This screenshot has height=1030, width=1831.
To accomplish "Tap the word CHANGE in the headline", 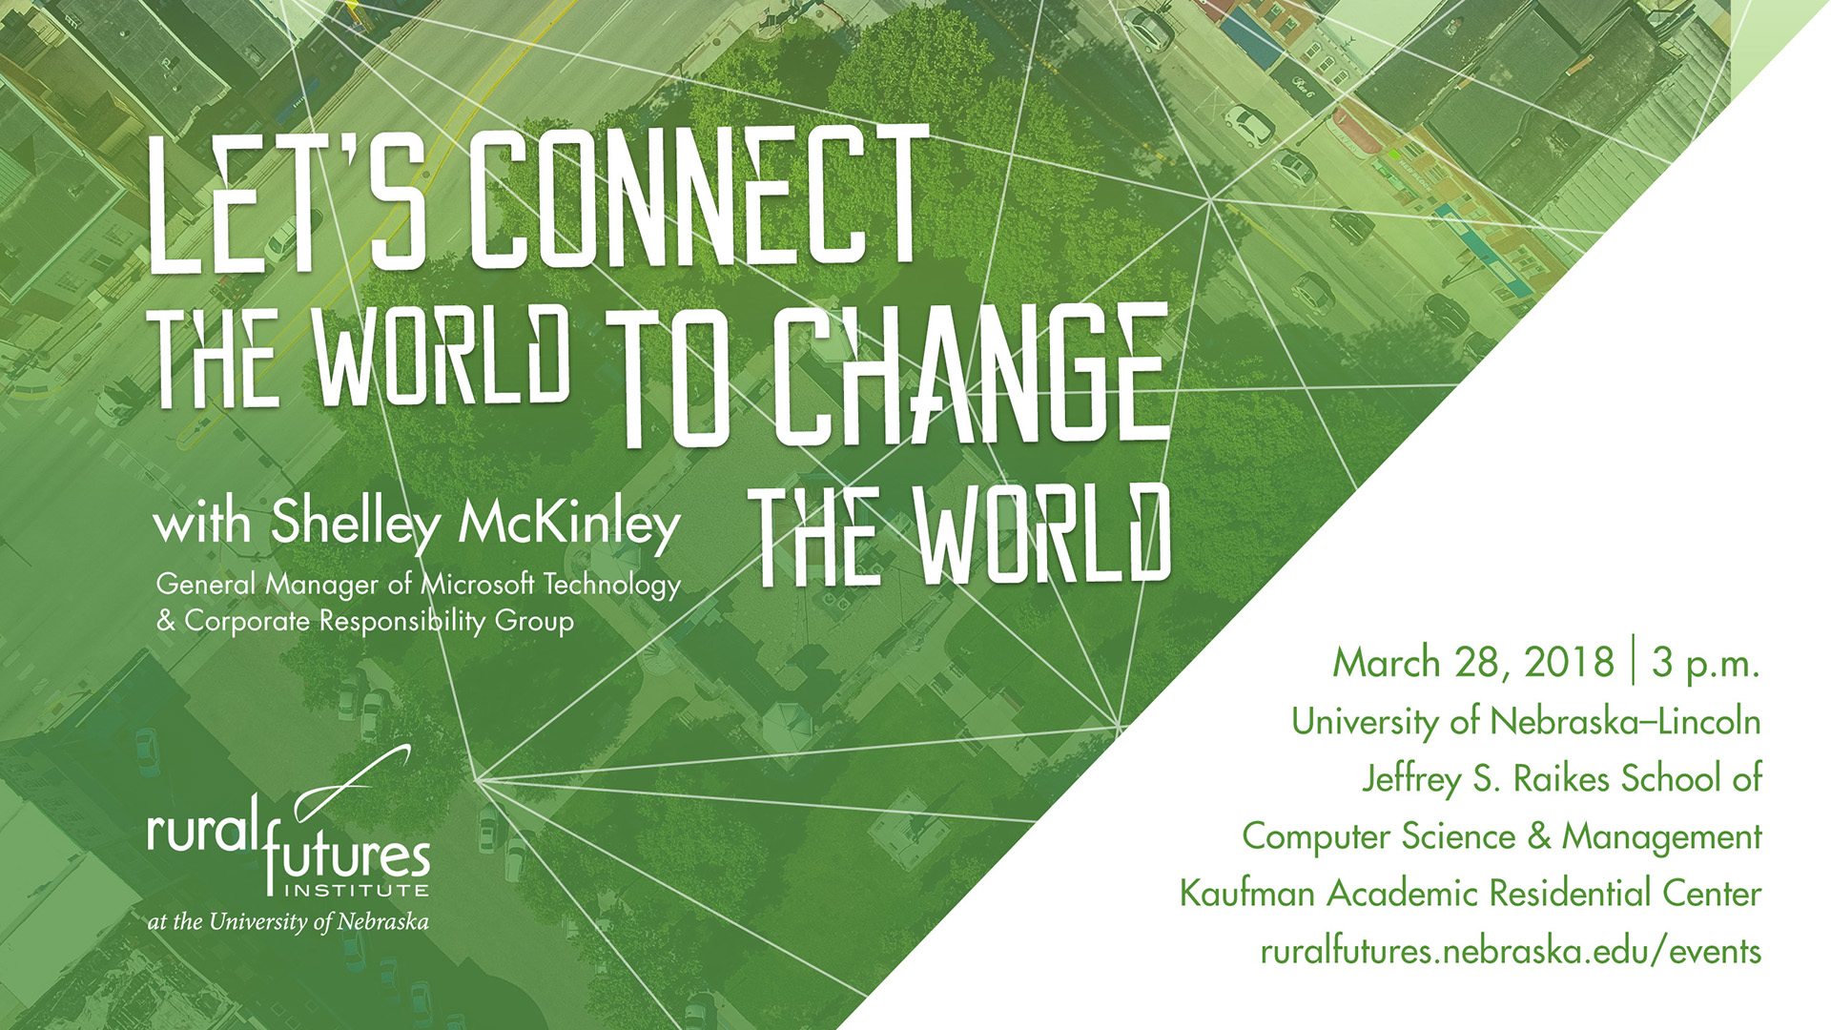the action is click(x=971, y=374).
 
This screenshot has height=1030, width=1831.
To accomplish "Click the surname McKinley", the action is click(x=569, y=524).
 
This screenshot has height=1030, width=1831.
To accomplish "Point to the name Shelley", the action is click(x=356, y=524).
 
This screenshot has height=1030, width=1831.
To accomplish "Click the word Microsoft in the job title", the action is click(x=478, y=584).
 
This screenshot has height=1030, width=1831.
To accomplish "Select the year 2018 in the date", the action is click(x=1570, y=663).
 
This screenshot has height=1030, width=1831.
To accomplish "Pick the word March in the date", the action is click(x=1387, y=663).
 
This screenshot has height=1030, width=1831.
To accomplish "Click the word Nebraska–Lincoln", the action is click(x=1625, y=721).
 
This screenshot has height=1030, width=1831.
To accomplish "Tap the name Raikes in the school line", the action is click(x=1562, y=778).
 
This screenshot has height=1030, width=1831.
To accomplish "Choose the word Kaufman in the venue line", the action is click(x=1248, y=894).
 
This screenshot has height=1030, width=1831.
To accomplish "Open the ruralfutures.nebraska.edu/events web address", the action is click(x=1511, y=951).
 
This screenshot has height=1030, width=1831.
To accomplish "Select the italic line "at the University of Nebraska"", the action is click(x=288, y=922).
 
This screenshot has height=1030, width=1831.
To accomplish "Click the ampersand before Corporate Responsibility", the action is click(x=166, y=621).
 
